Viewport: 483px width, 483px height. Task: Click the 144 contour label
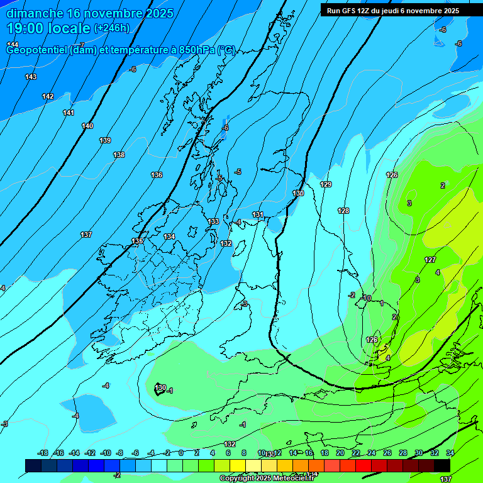tap(13, 44)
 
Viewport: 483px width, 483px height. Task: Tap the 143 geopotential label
tap(31, 77)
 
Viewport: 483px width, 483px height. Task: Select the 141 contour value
tap(69, 113)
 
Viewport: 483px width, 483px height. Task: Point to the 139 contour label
tap(105, 140)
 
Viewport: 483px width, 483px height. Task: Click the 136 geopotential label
tap(157, 175)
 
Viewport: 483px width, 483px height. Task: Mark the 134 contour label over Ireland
tap(169, 236)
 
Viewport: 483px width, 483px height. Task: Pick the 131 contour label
tap(258, 214)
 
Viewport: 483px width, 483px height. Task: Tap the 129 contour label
tap(326, 184)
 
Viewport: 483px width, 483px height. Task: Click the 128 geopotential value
tap(343, 211)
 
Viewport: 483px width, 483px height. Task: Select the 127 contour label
tap(430, 260)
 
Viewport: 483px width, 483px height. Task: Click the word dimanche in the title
tap(35, 13)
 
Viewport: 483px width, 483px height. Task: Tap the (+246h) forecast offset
tap(111, 28)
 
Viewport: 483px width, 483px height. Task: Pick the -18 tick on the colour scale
tap(43, 453)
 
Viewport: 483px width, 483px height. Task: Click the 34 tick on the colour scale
tap(450, 453)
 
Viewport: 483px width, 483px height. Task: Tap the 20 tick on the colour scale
tap(340, 453)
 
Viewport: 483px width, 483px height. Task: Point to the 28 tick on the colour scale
tap(402, 453)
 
